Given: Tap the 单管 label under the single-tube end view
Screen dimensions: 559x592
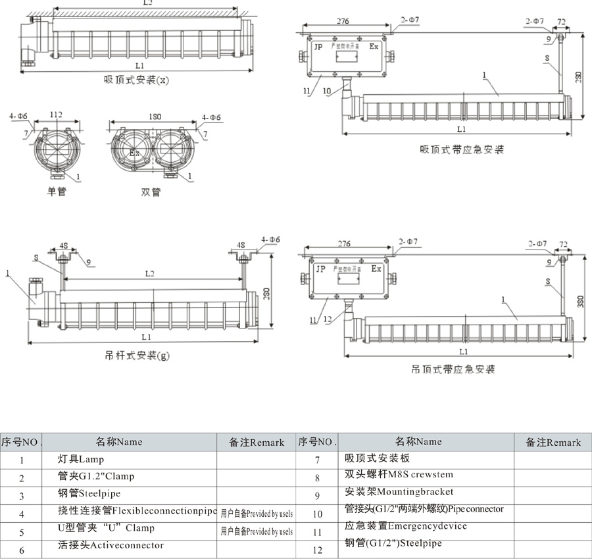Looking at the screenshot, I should click(57, 192).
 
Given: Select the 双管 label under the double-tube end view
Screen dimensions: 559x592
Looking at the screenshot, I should click(151, 192).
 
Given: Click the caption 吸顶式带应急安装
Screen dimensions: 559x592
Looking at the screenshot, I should click(462, 149).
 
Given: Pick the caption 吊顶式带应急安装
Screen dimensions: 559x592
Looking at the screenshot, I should click(453, 369).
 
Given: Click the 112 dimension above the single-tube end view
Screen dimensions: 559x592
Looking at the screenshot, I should click(57, 115).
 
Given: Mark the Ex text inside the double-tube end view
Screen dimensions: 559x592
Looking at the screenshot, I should click(134, 153).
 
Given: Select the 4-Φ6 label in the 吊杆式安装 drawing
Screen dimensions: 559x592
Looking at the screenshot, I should click(270, 240).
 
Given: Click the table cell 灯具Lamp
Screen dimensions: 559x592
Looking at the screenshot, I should click(81, 459).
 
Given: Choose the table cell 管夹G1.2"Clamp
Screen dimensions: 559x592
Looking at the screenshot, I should click(96, 477).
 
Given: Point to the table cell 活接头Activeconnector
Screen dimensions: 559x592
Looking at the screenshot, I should click(111, 545).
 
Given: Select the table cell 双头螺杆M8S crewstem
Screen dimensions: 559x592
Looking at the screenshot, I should click(399, 475).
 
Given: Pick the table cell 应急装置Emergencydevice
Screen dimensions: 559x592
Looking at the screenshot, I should click(406, 526).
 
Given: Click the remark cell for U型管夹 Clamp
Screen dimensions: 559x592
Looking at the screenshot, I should click(257, 531).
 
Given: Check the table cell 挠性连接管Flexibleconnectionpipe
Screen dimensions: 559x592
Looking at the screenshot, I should click(137, 510).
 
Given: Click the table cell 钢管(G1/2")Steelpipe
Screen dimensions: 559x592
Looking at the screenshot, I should click(393, 543).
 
